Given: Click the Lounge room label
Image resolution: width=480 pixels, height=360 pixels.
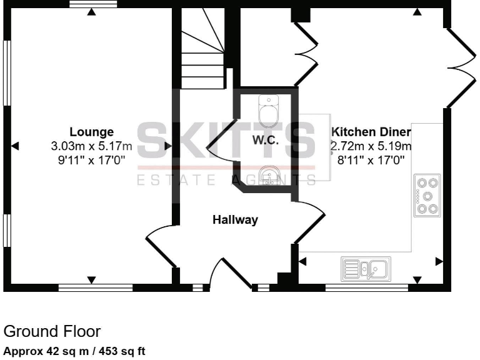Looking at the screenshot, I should pyautogui.click(x=91, y=132).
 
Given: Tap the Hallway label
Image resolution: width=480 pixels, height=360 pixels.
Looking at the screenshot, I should pyautogui.click(x=235, y=220).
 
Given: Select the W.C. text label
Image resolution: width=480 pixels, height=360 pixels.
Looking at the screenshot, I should pyautogui.click(x=265, y=141).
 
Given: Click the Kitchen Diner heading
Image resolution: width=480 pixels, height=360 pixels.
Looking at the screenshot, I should pyautogui.click(x=371, y=132).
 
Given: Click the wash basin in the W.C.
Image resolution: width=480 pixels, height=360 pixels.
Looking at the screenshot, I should pyautogui.click(x=269, y=173).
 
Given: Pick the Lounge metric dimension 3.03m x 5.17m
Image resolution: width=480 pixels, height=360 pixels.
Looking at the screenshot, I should pyautogui.click(x=91, y=146).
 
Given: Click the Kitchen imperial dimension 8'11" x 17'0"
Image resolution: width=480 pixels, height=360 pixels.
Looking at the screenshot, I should pyautogui.click(x=371, y=160).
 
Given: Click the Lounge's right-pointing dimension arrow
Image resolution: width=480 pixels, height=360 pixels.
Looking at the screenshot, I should pyautogui.click(x=167, y=146).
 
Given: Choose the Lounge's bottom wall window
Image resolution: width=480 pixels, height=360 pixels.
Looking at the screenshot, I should pyautogui.click(x=95, y=288).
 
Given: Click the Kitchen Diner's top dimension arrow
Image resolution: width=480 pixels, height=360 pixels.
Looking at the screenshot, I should pyautogui.click(x=417, y=11).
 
